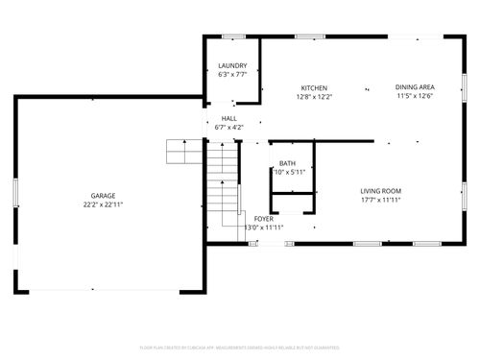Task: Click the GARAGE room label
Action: (x=103, y=195)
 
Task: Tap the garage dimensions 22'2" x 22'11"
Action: (x=103, y=204)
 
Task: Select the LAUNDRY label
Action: (x=232, y=65)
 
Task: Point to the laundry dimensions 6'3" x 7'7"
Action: (x=232, y=75)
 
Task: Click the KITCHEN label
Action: (x=314, y=87)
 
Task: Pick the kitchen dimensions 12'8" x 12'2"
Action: (x=314, y=97)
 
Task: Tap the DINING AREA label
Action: (x=415, y=87)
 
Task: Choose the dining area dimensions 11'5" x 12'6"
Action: (x=415, y=97)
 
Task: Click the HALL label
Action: (x=229, y=117)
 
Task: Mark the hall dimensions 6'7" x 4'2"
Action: (x=229, y=127)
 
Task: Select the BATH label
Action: (x=287, y=163)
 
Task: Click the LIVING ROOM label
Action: (x=380, y=190)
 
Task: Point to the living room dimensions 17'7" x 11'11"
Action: (x=380, y=200)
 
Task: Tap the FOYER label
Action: (x=264, y=219)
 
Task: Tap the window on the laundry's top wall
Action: (x=232, y=37)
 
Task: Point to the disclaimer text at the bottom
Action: (x=240, y=348)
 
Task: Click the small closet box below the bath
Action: (x=293, y=203)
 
